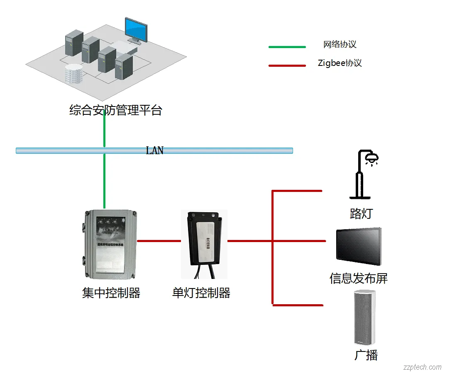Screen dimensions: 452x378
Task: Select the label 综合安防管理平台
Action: [x=115, y=111]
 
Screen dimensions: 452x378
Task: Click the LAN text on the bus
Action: [x=154, y=150]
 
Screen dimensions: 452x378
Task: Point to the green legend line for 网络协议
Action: [x=287, y=47]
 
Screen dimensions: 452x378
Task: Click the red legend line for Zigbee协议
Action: [x=287, y=65]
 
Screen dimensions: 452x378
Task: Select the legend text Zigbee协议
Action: [x=340, y=63]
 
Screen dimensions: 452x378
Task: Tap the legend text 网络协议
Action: [x=340, y=44]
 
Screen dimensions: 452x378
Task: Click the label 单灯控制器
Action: [x=201, y=293]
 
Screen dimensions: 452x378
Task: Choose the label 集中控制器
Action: [x=111, y=293]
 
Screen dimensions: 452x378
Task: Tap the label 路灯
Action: [x=361, y=214]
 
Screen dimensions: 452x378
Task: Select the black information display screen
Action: [x=359, y=247]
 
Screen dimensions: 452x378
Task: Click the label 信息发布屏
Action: [x=359, y=278]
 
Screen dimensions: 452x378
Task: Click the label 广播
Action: [x=366, y=355]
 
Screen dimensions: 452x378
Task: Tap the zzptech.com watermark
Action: [x=422, y=367]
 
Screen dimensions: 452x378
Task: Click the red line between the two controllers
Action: [x=159, y=241]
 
